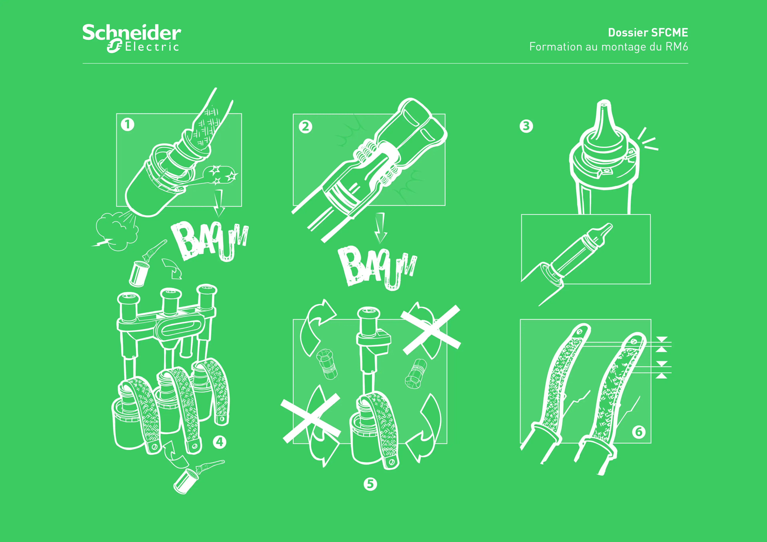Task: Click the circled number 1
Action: (127, 125)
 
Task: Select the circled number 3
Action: (526, 126)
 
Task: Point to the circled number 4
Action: (220, 442)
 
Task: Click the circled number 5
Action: (370, 484)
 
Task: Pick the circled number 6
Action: (638, 432)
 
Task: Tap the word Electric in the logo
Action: (152, 47)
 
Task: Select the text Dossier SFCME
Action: (648, 32)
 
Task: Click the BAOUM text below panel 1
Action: (210, 240)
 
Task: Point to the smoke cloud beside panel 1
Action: (115, 231)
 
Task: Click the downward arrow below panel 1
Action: (219, 203)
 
